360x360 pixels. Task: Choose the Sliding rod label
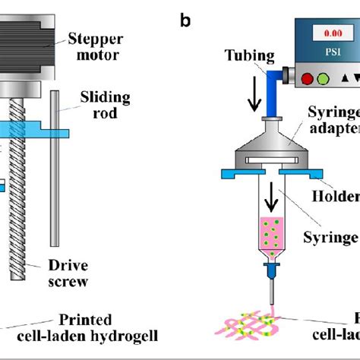106,106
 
